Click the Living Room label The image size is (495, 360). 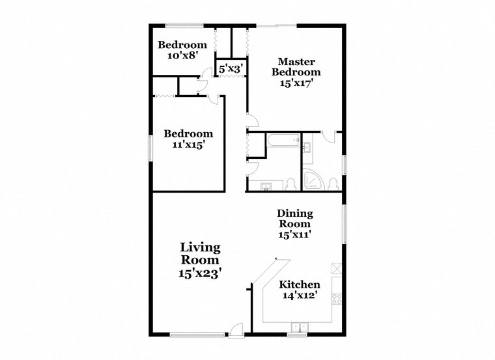[200, 260]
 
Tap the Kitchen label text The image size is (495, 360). [300, 284]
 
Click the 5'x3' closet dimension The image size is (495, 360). [231, 68]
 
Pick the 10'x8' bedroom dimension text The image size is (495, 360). [182, 56]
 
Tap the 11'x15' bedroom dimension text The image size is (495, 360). [189, 145]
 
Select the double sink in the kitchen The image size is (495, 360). [298, 327]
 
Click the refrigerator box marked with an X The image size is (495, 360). [337, 268]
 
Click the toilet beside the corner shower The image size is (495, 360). [333, 182]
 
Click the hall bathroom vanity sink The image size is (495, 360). [266, 186]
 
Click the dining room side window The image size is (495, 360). [345, 224]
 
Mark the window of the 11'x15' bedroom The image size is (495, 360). [149, 146]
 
